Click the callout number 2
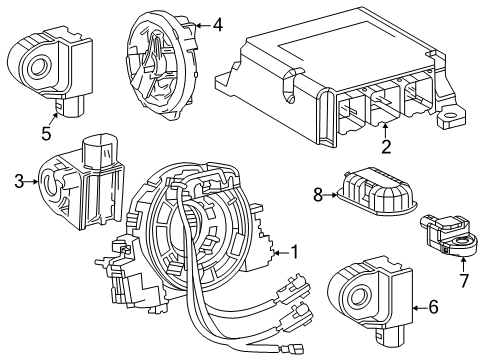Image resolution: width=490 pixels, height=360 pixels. coord(384,145)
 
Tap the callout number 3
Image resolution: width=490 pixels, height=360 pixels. coord(18,182)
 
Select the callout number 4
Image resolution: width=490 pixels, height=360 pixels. coord(218,25)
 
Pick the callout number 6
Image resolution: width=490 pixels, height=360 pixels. coord(432,307)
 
